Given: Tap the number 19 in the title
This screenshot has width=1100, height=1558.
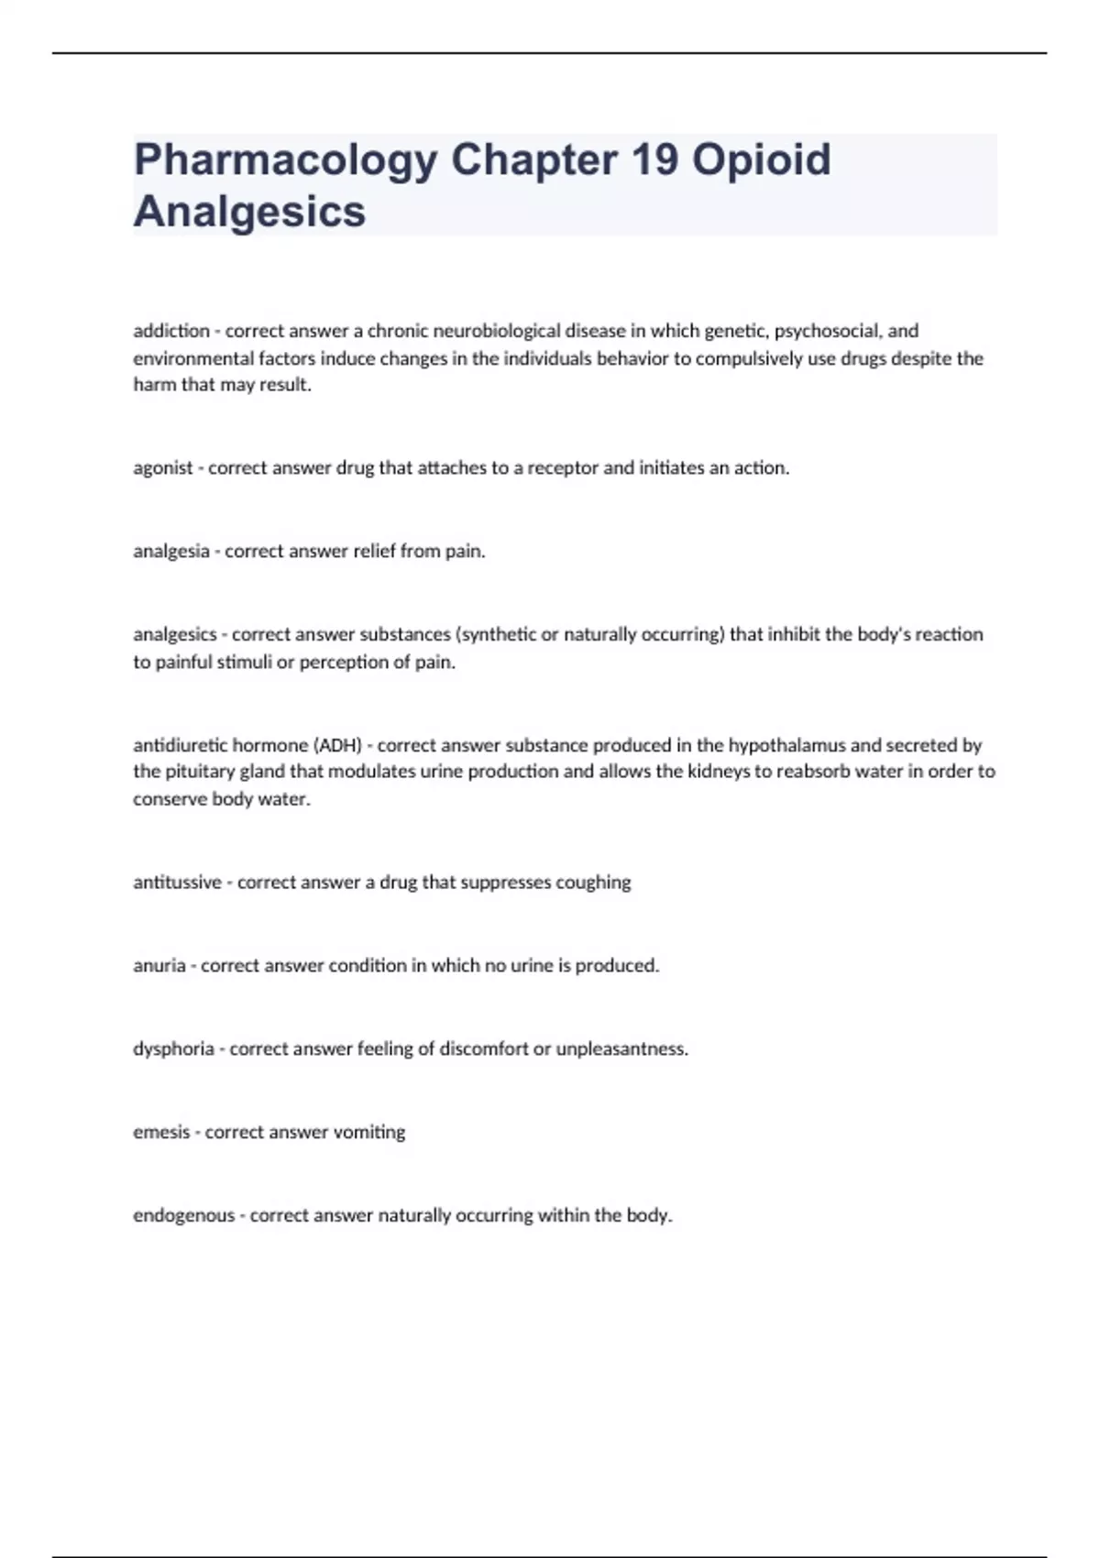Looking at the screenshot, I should click(654, 159).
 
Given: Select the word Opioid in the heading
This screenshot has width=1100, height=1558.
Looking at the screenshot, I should click(761, 159).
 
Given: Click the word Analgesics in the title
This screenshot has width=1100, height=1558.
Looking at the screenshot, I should click(249, 212).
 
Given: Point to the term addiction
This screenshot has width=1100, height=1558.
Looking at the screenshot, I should click(171, 331).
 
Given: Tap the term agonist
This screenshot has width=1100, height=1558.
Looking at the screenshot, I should click(162, 468).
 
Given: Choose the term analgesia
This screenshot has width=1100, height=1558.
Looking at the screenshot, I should click(171, 552).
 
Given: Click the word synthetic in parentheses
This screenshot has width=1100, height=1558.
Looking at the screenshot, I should click(500, 634).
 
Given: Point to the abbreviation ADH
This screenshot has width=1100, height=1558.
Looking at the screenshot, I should click(338, 745).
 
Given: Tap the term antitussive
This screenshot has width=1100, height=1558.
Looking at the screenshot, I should click(177, 883).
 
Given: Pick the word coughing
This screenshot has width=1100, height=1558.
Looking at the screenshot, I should click(593, 883).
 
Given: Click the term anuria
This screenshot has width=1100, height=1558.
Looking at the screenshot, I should click(159, 966).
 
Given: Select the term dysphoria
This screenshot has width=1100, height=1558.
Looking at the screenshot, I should click(173, 1049).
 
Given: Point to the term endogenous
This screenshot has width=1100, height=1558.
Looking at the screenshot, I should click(183, 1216).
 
